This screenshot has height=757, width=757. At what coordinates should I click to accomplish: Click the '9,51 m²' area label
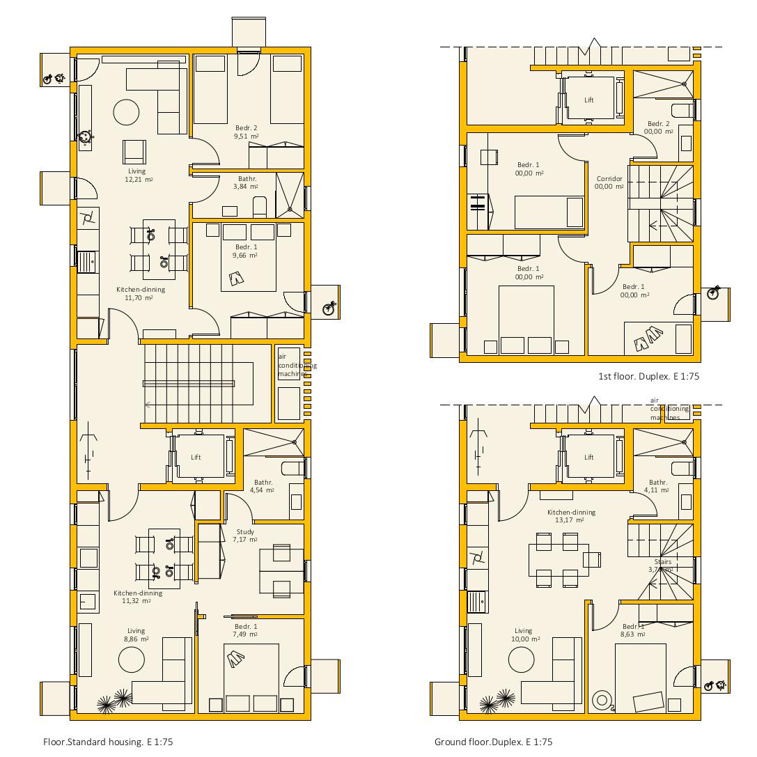[246, 136]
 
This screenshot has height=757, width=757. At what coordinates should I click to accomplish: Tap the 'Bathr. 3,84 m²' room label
[247, 182]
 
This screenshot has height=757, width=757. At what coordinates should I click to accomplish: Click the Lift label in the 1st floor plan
[589, 100]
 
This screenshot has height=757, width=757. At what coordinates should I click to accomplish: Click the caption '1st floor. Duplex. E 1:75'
[648, 376]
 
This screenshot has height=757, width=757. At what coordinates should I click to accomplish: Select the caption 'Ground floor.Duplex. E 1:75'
[493, 742]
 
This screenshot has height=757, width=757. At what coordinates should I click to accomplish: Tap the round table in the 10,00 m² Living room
[521, 660]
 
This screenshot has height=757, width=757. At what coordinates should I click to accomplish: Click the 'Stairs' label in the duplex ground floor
[662, 562]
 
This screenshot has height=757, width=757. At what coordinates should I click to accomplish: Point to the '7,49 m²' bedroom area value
[246, 634]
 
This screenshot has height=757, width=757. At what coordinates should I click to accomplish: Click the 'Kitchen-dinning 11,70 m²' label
[140, 293]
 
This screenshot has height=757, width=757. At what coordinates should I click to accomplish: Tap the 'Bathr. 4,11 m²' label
[657, 485]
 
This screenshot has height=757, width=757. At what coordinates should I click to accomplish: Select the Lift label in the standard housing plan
[196, 458]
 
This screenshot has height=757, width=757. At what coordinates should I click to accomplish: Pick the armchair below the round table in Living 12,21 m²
[134, 151]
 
